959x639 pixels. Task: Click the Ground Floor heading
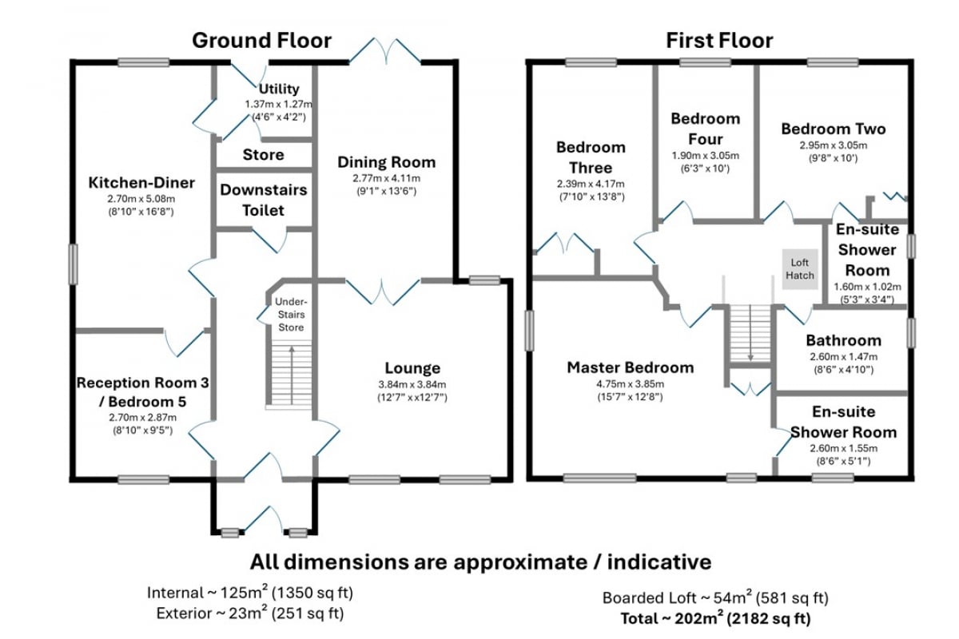coord(261,41)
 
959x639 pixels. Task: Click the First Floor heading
coord(719,41)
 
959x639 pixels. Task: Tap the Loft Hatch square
coord(800,268)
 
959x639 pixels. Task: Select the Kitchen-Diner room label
coord(141,183)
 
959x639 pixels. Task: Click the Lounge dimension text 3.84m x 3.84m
coord(412,384)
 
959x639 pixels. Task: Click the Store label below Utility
coord(263,154)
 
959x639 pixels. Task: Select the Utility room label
coord(279,89)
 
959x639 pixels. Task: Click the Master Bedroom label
coord(630,367)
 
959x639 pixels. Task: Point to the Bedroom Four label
coord(705,129)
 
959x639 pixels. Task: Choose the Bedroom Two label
coord(833,129)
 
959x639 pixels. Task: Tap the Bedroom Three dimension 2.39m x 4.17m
coord(591,184)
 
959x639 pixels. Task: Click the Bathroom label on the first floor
coord(843,340)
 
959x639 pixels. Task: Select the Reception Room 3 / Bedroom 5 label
coord(142,392)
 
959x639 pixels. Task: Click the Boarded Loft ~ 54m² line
coord(714,597)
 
